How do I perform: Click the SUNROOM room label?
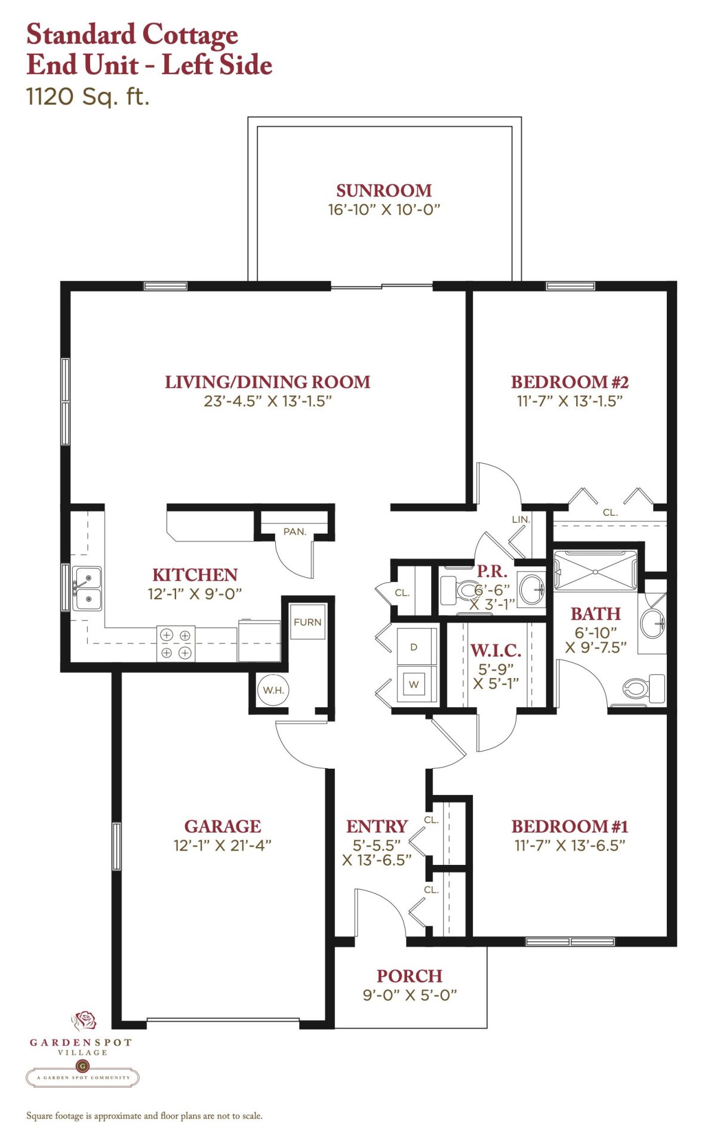(x=384, y=190)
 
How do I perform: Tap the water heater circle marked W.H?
(x=273, y=690)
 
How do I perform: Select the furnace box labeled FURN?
(x=307, y=621)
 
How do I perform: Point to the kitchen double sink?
(x=87, y=589)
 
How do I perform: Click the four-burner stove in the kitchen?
(x=176, y=644)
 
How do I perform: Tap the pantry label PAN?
(x=294, y=531)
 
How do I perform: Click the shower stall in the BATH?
(x=596, y=571)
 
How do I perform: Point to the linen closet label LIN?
(x=521, y=519)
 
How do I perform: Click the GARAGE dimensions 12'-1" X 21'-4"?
(x=222, y=845)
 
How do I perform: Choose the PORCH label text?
(x=410, y=976)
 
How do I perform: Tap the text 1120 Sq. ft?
(x=88, y=97)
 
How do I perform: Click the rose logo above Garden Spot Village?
(x=84, y=1021)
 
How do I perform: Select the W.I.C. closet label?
(x=496, y=650)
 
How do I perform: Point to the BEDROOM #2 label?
(x=570, y=382)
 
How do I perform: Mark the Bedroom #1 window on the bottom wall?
(x=570, y=942)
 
